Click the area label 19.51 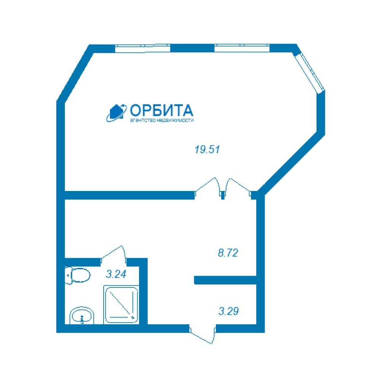(207, 150)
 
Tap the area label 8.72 (228, 253)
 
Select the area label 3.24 (116, 274)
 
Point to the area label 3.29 (229, 311)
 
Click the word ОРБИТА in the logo (161, 110)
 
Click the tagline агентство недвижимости (161, 120)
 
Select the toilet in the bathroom (77, 275)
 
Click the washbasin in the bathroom (82, 316)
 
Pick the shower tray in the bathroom (121, 305)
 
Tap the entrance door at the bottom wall (202, 335)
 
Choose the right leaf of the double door (238, 187)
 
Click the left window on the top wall (143, 48)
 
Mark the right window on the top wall (242, 48)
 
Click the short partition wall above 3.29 (225, 280)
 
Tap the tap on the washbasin (82, 319)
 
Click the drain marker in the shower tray (133, 317)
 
